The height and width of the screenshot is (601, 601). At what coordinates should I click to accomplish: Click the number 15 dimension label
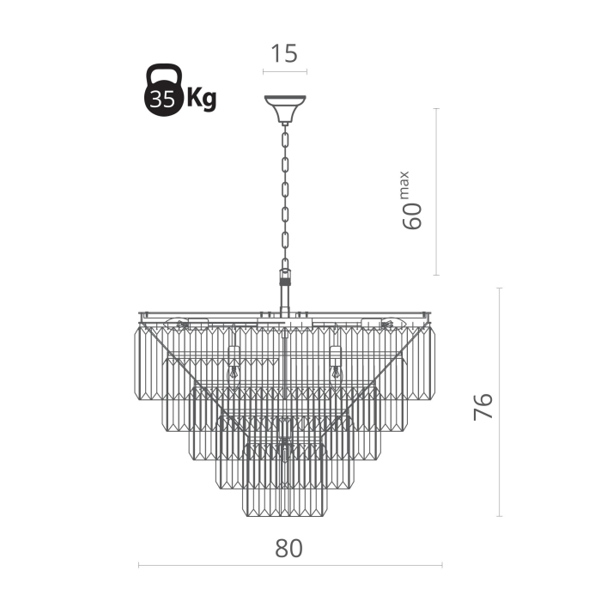pyautogui.click(x=284, y=53)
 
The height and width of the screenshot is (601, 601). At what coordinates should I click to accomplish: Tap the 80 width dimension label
pyautogui.click(x=288, y=548)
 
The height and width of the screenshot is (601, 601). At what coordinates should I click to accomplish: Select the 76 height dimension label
pyautogui.click(x=483, y=406)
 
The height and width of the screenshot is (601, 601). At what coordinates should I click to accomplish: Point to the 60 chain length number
pyautogui.click(x=412, y=216)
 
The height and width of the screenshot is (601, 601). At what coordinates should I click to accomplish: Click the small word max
pyautogui.click(x=404, y=185)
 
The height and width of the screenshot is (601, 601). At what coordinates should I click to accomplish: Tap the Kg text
pyautogui.click(x=202, y=100)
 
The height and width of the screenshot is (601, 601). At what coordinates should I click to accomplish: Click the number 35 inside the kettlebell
pyautogui.click(x=162, y=100)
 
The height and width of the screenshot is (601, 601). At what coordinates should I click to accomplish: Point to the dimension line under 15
pyautogui.click(x=285, y=71)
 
